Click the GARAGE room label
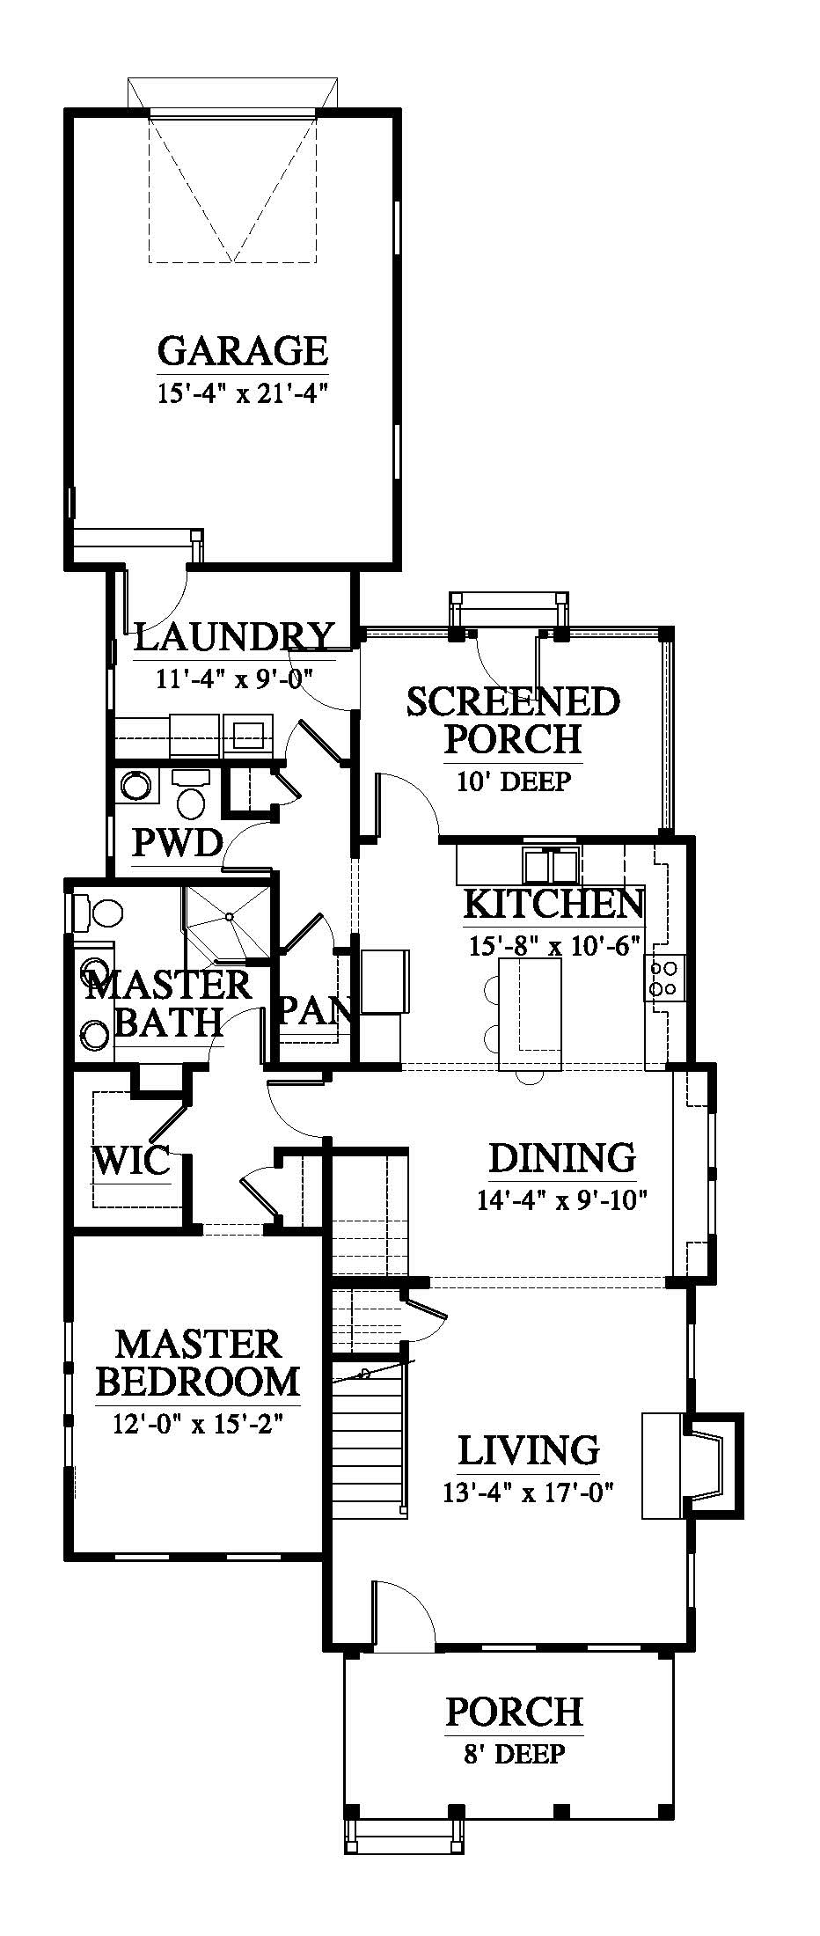pyautogui.click(x=242, y=351)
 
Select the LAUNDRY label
pyautogui.click(x=234, y=636)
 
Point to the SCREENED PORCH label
pyautogui.click(x=513, y=720)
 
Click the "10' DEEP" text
pyautogui.click(x=514, y=781)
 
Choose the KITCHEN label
pyautogui.click(x=553, y=904)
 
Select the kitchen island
pyautogui.click(x=530, y=1015)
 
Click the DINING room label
pyautogui.click(x=561, y=1158)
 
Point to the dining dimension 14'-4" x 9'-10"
pyautogui.click(x=561, y=1199)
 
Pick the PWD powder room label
pyautogui.click(x=177, y=843)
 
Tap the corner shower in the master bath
pyautogui.click(x=227, y=920)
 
